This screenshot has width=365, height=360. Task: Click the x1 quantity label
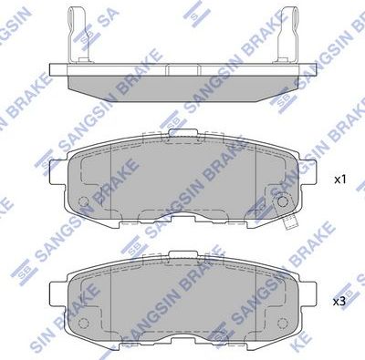click(x=339, y=180)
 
